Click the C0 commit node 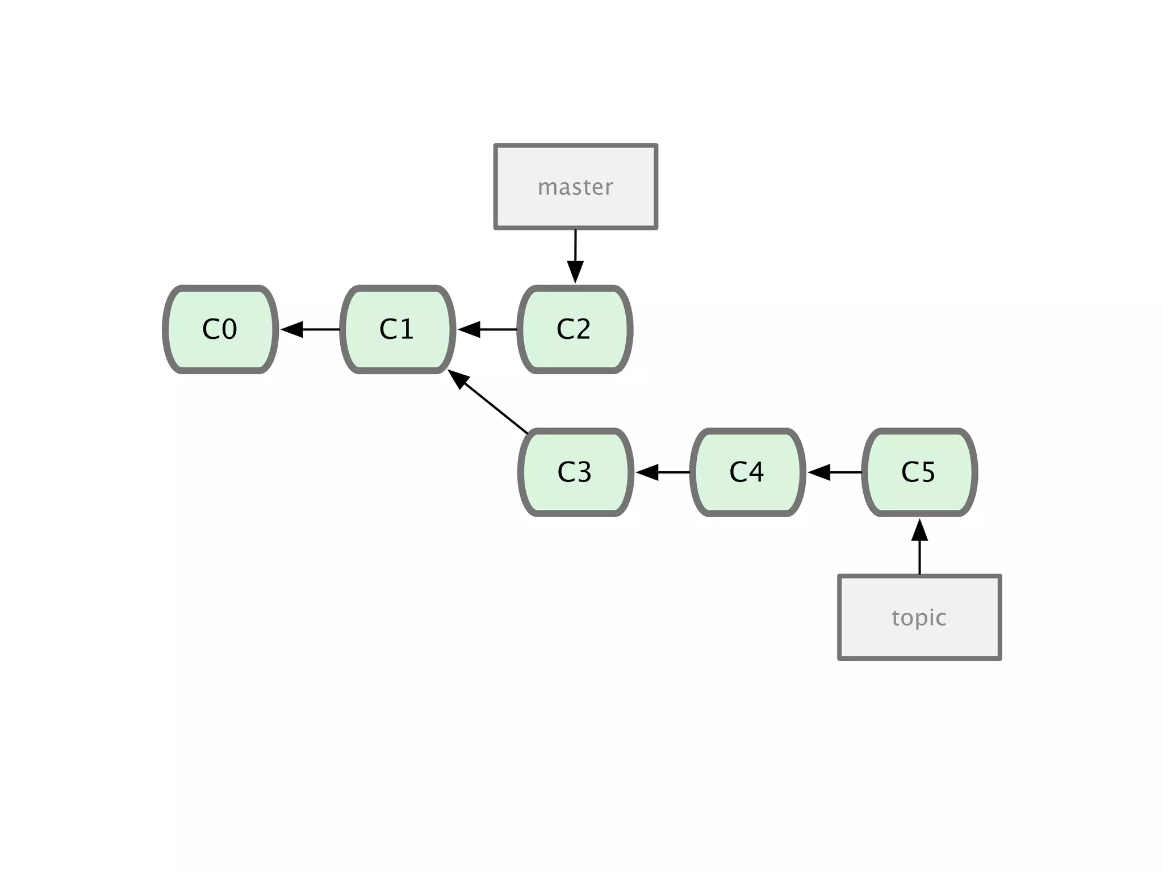220,329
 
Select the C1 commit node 398,329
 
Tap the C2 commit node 575,329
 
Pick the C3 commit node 575,472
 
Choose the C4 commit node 747,472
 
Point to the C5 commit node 919,472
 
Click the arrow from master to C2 575,253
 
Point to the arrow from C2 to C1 488,329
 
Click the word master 575,187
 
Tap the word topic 919,618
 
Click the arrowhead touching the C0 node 292,329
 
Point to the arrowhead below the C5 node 919,530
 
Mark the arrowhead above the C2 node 575,272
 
